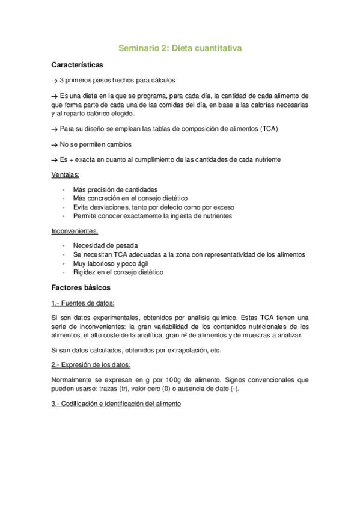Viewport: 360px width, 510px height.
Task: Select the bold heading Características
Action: click(77, 64)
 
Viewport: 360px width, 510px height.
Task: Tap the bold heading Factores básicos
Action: click(77, 287)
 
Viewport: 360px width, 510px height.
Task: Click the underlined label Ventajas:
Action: click(66, 175)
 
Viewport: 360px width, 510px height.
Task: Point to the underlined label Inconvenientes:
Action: click(75, 231)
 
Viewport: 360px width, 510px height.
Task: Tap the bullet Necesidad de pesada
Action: click(105, 245)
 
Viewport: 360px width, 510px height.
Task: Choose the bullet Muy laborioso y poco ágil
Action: click(111, 263)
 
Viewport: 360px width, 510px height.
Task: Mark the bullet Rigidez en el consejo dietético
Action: click(118, 272)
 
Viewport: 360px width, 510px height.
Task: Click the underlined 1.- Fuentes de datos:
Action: click(83, 303)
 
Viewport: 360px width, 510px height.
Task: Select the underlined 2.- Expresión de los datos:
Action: click(90, 365)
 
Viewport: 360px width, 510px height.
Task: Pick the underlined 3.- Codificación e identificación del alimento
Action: click(116, 404)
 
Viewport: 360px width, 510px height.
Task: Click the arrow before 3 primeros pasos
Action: click(55, 81)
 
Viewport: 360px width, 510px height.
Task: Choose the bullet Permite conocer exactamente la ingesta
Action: click(152, 216)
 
